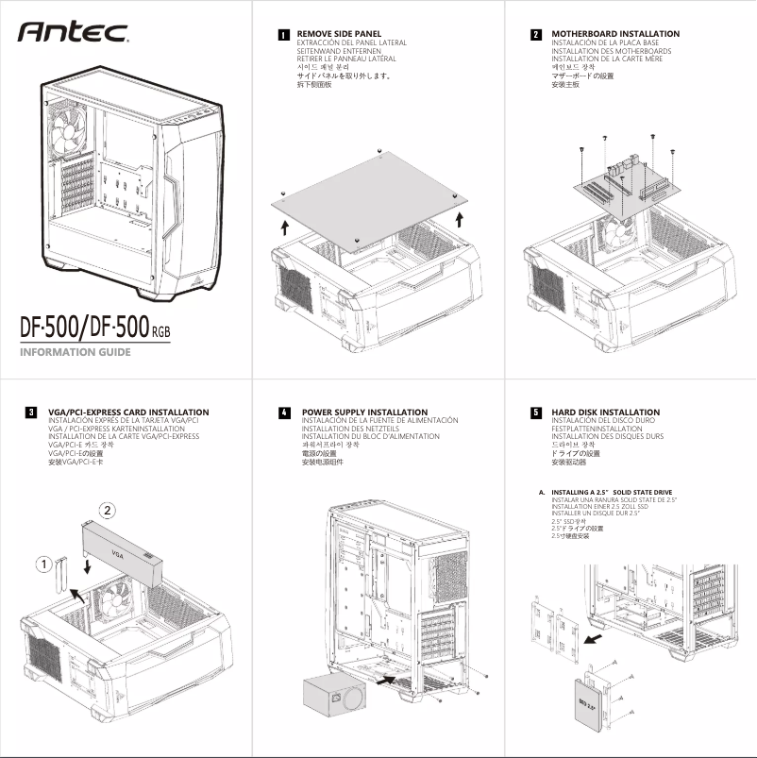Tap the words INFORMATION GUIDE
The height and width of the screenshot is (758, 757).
75,353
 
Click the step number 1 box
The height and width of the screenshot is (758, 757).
283,34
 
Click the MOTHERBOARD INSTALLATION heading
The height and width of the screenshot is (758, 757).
614,34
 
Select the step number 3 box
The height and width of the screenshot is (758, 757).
31,413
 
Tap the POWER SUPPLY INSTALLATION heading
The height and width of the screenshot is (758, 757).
364,413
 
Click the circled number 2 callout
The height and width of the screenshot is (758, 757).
109,511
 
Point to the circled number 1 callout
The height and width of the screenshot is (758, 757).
43,564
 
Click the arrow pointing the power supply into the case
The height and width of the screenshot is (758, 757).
385,678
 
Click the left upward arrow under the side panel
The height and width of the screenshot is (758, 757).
285,227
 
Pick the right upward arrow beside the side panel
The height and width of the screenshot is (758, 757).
459,220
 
